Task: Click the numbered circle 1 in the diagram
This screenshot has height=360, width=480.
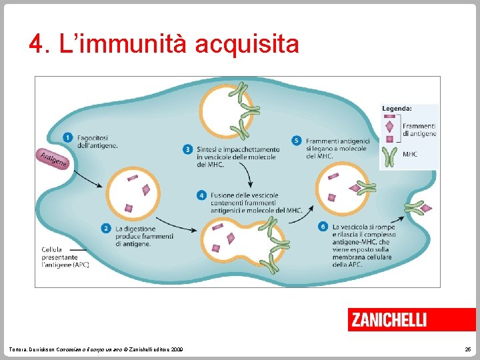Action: point(68,137)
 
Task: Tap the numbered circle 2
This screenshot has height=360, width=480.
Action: point(106,229)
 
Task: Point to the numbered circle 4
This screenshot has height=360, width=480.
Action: point(201,195)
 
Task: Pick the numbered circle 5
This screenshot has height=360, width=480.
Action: point(297,140)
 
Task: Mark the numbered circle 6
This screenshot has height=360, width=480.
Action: point(323,227)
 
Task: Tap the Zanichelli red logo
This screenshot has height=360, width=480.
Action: point(388,319)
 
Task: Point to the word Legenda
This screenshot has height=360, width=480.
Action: point(397,108)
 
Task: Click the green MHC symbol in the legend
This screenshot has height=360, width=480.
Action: point(391,157)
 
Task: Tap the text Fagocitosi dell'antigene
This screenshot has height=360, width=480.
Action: point(98,141)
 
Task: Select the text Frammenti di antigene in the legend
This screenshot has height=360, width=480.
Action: point(419,129)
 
